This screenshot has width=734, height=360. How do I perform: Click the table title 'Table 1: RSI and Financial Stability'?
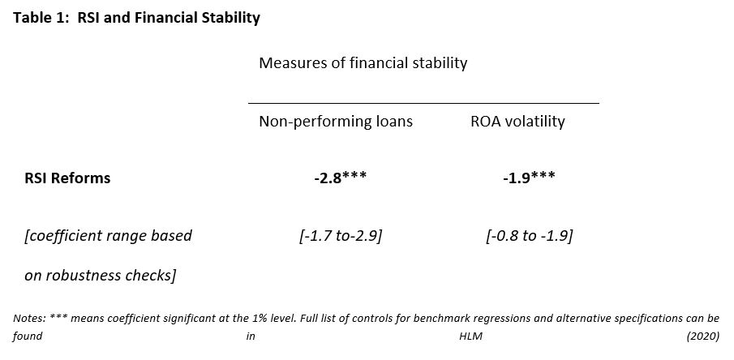pyautogui.click(x=136, y=17)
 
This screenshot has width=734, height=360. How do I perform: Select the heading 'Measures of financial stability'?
pyautogui.click(x=363, y=62)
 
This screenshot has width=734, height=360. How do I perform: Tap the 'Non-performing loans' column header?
pyautogui.click(x=336, y=122)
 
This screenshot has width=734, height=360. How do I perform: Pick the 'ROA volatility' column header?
pyautogui.click(x=517, y=122)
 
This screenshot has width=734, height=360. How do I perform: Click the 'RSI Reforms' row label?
pyautogui.click(x=67, y=178)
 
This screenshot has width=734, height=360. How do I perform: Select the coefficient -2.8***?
pyautogui.click(x=340, y=178)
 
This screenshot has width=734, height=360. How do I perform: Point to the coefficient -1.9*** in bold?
pyautogui.click(x=529, y=178)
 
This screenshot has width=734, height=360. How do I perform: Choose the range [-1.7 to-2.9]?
pyautogui.click(x=340, y=236)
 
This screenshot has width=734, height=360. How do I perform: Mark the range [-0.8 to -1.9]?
pyautogui.click(x=529, y=236)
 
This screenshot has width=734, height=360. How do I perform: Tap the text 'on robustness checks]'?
pyautogui.click(x=100, y=275)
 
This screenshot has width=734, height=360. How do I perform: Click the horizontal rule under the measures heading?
pyautogui.click(x=423, y=103)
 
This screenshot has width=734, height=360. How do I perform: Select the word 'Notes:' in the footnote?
pyautogui.click(x=30, y=318)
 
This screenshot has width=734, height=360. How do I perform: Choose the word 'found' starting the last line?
pyautogui.click(x=28, y=335)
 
